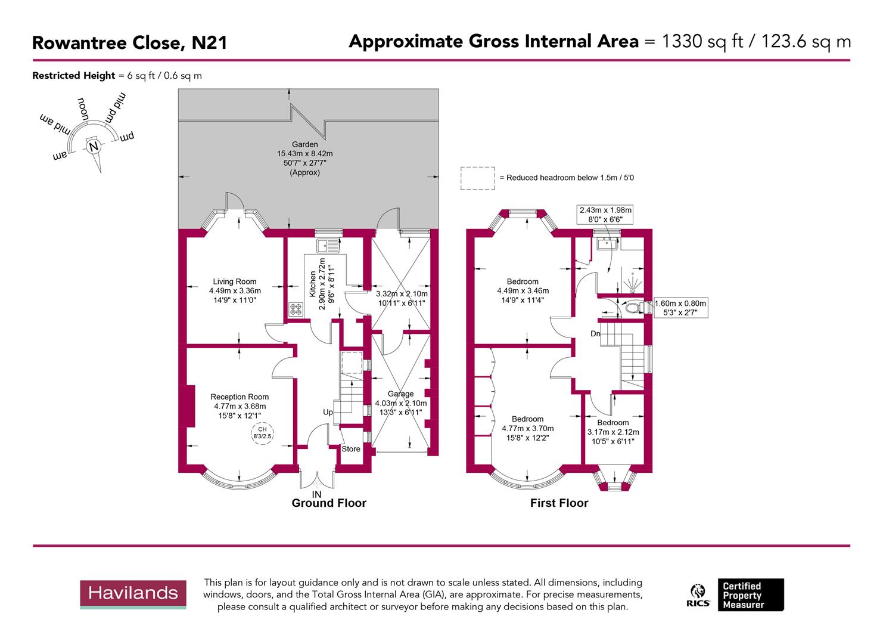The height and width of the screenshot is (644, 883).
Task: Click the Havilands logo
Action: (x=133, y=593)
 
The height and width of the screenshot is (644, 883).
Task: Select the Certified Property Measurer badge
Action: (x=750, y=595)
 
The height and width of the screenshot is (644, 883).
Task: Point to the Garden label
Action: (x=304, y=144)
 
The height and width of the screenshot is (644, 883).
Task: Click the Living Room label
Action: (x=235, y=281)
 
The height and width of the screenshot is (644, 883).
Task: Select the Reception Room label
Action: (x=240, y=397)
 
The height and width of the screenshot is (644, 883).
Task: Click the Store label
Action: (x=351, y=449)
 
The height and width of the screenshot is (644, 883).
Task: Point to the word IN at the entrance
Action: (x=317, y=494)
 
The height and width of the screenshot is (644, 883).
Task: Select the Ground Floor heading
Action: (x=329, y=503)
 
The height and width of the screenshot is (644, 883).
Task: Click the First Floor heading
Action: (x=559, y=503)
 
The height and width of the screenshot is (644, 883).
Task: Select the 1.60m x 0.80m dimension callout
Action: (x=680, y=308)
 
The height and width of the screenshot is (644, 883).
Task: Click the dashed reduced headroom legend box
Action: (x=477, y=178)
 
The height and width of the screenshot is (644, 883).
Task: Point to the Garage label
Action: (x=400, y=394)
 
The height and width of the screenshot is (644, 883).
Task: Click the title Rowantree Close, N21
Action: (x=129, y=43)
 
